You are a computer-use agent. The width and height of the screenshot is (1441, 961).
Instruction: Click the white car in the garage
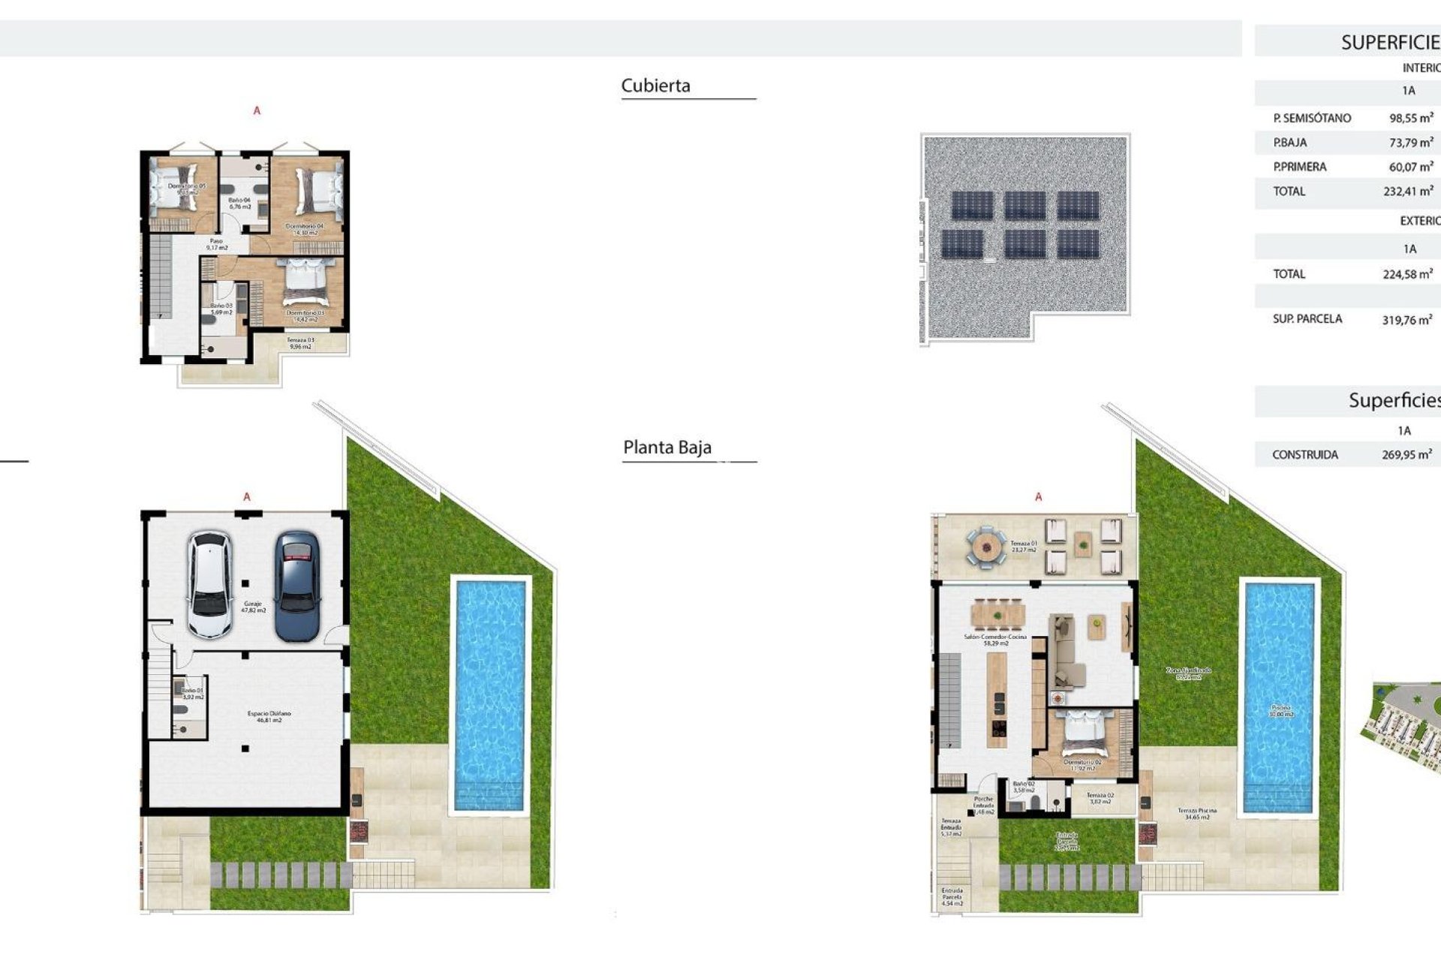(x=209, y=585)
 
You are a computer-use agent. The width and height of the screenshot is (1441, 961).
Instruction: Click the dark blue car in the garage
(x=297, y=586)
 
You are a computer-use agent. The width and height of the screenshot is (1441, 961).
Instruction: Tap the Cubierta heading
(x=655, y=86)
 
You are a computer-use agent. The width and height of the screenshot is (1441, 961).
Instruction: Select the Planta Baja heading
(x=666, y=447)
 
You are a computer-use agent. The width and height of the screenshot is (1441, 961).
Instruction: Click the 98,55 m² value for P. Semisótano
(x=1410, y=118)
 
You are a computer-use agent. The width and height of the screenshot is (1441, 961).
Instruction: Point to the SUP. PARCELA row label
(x=1307, y=319)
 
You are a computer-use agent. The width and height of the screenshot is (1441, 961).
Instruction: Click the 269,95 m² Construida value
(x=1406, y=454)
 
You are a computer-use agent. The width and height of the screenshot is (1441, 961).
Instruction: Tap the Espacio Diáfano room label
(x=269, y=716)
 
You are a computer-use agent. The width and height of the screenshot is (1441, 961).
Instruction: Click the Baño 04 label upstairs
(x=239, y=203)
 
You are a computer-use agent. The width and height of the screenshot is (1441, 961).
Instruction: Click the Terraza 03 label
(x=300, y=343)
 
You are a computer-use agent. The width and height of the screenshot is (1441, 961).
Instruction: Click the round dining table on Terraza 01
(x=984, y=547)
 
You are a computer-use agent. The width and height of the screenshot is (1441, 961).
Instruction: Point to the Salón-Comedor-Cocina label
(x=994, y=640)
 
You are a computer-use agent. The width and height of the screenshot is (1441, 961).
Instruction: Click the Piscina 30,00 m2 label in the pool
(x=1280, y=710)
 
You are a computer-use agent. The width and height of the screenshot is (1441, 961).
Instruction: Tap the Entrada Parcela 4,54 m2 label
(x=952, y=896)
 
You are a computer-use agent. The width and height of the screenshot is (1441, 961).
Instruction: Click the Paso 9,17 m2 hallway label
(x=216, y=244)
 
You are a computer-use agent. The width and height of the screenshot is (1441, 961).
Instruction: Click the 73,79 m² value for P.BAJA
(x=1410, y=142)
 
